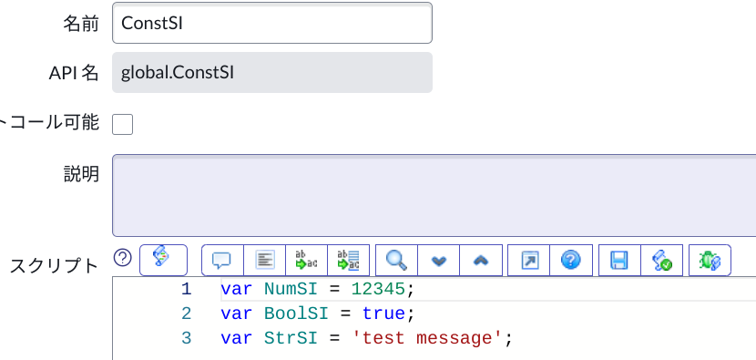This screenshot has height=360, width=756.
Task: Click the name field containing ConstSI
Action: pos(271,23)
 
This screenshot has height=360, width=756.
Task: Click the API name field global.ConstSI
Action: pos(271,72)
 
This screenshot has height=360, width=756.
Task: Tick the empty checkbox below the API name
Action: pos(122,124)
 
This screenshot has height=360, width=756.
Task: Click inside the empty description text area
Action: pos(434,195)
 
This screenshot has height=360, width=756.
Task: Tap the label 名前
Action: pos(80,24)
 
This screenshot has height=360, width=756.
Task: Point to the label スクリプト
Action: pos(54,266)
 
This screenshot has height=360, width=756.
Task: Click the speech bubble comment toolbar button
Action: pos(221,261)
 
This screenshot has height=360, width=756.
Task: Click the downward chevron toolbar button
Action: pos(439,261)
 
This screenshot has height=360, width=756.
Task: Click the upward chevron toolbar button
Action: pos(481,261)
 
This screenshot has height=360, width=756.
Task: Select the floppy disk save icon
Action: pos(619,261)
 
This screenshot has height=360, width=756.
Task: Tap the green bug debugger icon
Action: pos(710,261)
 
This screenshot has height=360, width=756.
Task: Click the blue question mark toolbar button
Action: pos(571,261)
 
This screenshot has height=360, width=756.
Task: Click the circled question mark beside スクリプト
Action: pos(123,258)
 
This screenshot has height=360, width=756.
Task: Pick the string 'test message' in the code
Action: pos(428,338)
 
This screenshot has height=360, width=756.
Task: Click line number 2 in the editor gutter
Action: pos(186,314)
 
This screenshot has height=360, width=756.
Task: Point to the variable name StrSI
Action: pos(289,338)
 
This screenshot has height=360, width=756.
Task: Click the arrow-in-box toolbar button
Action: pos(529,261)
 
